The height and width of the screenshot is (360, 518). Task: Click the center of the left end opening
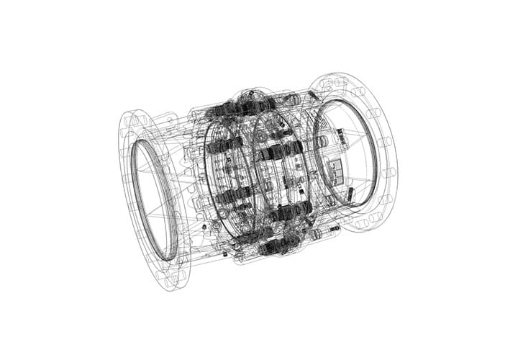[x=153, y=199]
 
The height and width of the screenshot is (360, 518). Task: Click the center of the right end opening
[x=346, y=153]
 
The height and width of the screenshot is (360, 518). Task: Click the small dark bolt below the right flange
[x=335, y=228]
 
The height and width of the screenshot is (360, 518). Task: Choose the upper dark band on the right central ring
[x=274, y=152]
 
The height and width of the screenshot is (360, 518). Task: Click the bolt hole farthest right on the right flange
[x=389, y=173]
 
